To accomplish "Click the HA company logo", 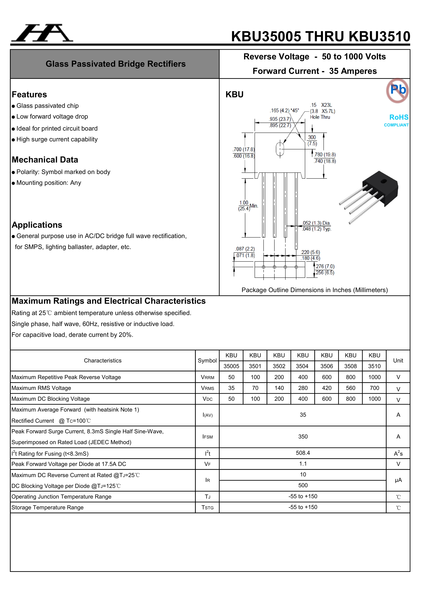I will coord(42,33).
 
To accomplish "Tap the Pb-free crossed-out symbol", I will coord(397,90).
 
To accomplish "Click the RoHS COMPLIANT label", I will coord(396,120).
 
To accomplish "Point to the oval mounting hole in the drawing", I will coord(280,149).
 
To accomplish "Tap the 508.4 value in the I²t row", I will coord(303,453).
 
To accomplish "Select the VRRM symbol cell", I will coord(207,377).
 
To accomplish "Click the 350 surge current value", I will coord(303,437).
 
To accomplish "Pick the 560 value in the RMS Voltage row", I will coord(350,388).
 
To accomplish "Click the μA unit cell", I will coord(398,480).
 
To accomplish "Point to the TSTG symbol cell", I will coord(207,507).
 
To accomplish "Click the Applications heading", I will coord(37,225).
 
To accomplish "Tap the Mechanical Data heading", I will coord(45,160).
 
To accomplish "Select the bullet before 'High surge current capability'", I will coord(13,140).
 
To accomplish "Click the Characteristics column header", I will coord(103,360).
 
